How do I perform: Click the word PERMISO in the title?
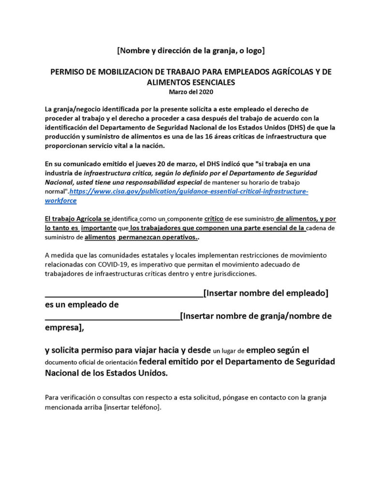coord(67,72)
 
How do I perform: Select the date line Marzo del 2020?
coord(191,91)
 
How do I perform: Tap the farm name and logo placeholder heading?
coord(191,50)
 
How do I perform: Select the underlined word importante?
coord(99,228)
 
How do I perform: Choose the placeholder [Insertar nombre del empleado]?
coord(266,293)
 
